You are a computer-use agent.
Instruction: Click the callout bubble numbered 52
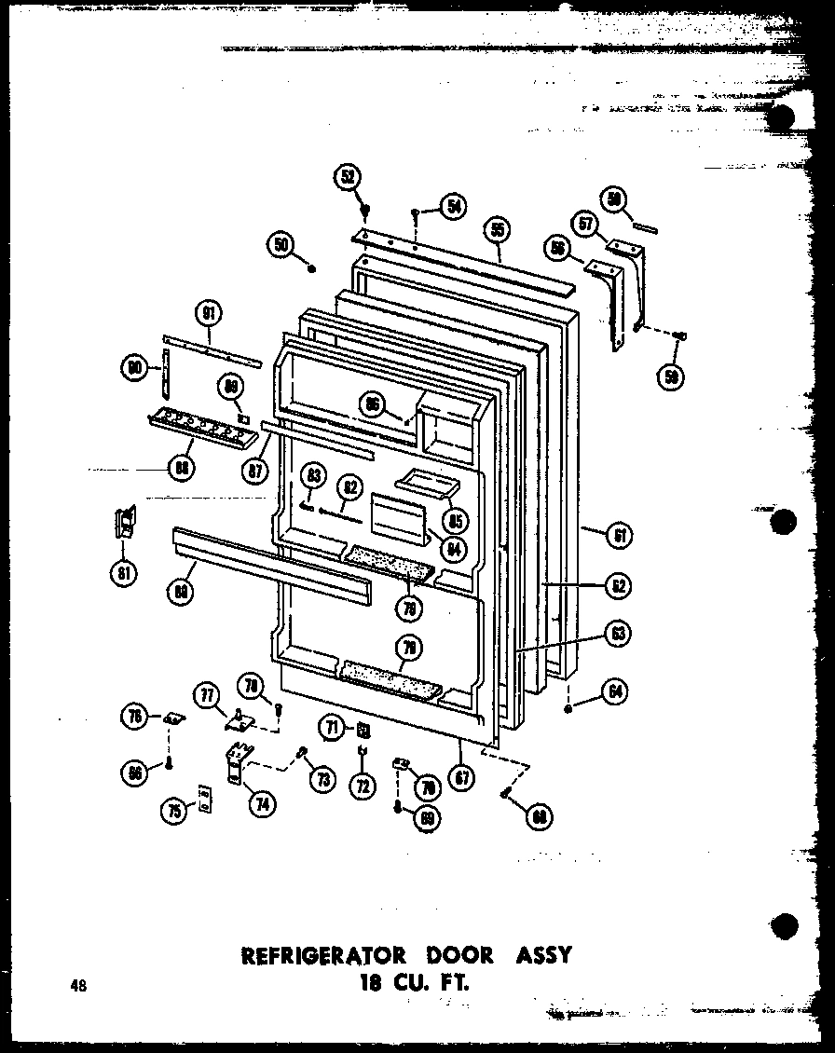[349, 177]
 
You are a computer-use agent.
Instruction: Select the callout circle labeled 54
[454, 207]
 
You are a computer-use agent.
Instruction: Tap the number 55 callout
[498, 229]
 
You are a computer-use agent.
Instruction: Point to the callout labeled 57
[585, 224]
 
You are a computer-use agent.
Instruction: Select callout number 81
[124, 570]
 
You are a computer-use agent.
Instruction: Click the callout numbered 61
[618, 535]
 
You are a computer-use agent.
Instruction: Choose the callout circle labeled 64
[616, 691]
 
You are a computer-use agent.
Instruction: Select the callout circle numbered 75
[172, 810]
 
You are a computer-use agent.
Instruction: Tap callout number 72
[362, 786]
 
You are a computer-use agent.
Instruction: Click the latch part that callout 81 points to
[124, 523]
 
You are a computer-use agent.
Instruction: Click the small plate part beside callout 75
[204, 800]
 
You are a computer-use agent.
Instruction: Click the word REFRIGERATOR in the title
[323, 955]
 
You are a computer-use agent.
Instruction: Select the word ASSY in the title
[540, 955]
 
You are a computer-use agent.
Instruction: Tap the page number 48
[77, 986]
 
